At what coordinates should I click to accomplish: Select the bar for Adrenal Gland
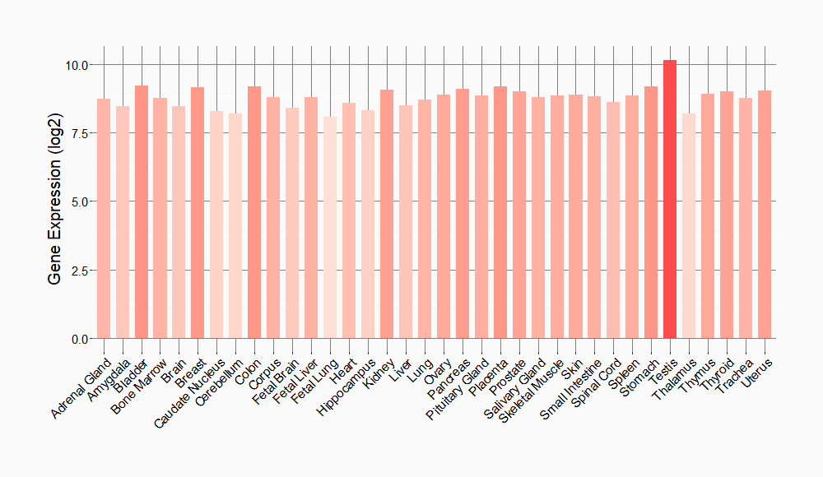click(x=104, y=219)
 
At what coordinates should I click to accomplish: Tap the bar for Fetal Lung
click(x=330, y=227)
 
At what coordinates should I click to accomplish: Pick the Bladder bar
click(x=142, y=212)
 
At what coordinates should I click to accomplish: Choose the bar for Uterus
click(x=765, y=215)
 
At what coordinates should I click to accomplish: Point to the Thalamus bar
click(x=689, y=226)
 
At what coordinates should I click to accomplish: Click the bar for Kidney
click(x=387, y=214)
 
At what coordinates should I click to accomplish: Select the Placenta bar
click(x=500, y=212)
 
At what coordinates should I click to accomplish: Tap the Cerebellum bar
click(x=235, y=226)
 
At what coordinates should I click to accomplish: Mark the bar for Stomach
click(x=651, y=212)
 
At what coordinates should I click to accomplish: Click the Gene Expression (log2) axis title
click(x=55, y=201)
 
